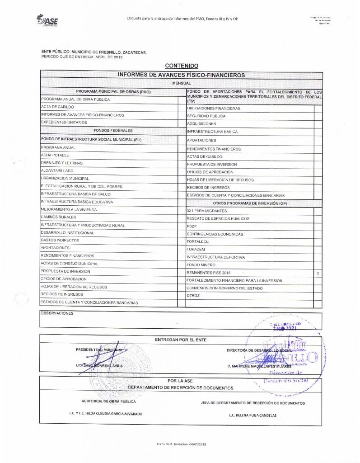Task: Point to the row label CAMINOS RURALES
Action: click(x=58, y=217)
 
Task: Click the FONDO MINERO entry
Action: click(x=201, y=265)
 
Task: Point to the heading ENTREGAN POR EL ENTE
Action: click(x=180, y=339)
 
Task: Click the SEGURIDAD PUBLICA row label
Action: click(x=206, y=116)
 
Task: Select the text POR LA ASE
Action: click(x=180, y=381)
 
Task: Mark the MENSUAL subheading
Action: click(x=181, y=84)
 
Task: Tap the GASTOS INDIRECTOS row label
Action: click(x=60, y=240)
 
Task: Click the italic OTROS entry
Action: click(x=193, y=295)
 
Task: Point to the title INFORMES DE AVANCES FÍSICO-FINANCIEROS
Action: click(x=181, y=74)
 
